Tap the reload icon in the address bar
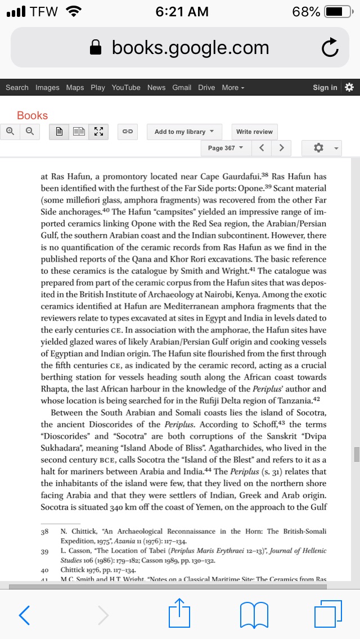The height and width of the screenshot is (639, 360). click(x=330, y=48)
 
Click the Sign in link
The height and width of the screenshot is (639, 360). click(x=325, y=87)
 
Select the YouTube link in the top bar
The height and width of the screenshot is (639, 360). click(x=126, y=87)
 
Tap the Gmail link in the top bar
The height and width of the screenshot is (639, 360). click(x=182, y=87)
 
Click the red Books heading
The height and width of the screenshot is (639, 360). click(x=32, y=115)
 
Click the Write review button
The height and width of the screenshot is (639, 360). click(x=254, y=132)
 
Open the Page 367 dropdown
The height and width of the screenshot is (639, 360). click(x=225, y=148)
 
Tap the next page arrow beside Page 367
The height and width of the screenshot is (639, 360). click(x=281, y=148)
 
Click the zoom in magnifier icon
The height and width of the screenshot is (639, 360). click(x=10, y=132)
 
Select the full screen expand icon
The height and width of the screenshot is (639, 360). click(x=98, y=132)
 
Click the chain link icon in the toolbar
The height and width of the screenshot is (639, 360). click(x=128, y=132)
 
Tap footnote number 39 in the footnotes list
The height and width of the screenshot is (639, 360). click(x=44, y=551)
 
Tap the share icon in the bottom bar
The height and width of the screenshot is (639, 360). click(x=180, y=614)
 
